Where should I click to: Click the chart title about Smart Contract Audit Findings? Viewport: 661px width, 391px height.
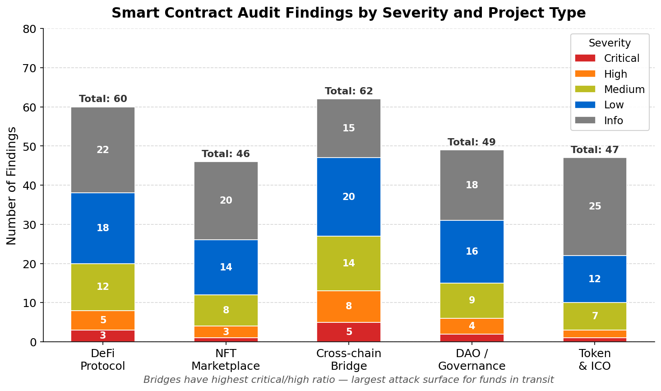[x=348, y=13]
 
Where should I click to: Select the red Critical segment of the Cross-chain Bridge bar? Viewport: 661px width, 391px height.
[x=349, y=332]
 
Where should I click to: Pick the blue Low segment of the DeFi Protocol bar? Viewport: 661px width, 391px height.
[x=103, y=228]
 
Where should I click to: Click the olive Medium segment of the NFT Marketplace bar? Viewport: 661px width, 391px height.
[x=226, y=310]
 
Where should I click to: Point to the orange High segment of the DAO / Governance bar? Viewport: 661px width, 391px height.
[x=471, y=326]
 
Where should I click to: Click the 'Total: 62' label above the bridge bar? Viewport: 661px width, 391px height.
[x=349, y=91]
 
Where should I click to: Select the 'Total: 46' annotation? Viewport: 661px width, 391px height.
[x=226, y=154]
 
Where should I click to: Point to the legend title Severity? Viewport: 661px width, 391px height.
[x=610, y=43]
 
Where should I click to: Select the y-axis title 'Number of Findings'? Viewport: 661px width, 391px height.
[x=12, y=186]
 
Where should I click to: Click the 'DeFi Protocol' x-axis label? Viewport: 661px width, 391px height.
[x=103, y=359]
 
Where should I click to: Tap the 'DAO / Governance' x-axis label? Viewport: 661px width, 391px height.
[x=471, y=359]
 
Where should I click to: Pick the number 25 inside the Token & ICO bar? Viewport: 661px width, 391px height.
[x=595, y=206]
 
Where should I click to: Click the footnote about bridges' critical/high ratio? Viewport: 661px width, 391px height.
[x=348, y=380]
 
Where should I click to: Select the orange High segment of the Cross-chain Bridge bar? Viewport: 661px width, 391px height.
[x=349, y=307]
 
